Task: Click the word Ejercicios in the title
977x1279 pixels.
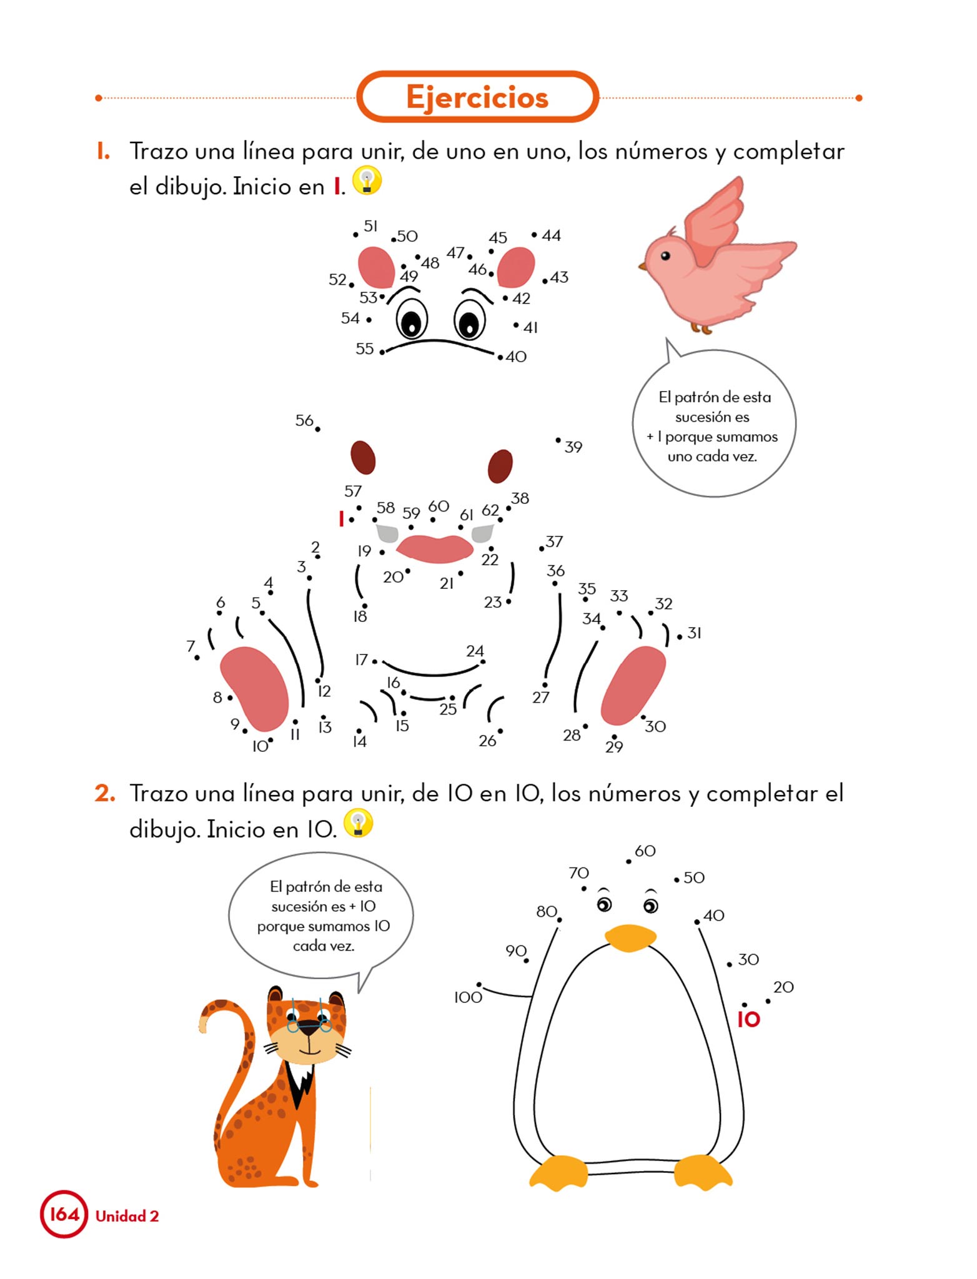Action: pos(477,97)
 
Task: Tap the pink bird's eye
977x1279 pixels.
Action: pos(665,255)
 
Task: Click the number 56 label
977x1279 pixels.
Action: pos(304,420)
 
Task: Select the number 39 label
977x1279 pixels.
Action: pos(573,447)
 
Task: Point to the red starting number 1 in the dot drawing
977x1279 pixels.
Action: pos(341,518)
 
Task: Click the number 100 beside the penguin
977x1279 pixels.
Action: pos(469,997)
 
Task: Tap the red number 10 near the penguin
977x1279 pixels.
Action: pos(748,1020)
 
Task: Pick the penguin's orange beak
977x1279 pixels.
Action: pos(630,937)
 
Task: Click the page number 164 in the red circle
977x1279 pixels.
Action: pos(64,1215)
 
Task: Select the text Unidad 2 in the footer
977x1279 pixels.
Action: pos(127,1216)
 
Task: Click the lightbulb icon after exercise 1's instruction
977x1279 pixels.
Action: pos(367,180)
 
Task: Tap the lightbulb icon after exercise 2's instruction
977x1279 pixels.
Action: pos(359,823)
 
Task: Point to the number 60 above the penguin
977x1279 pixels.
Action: pos(645,851)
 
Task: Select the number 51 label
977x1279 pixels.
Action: pos(371,226)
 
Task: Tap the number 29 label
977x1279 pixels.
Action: pos(614,747)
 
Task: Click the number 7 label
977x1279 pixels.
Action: pos(191,646)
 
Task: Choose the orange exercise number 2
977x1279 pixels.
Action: pos(105,793)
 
